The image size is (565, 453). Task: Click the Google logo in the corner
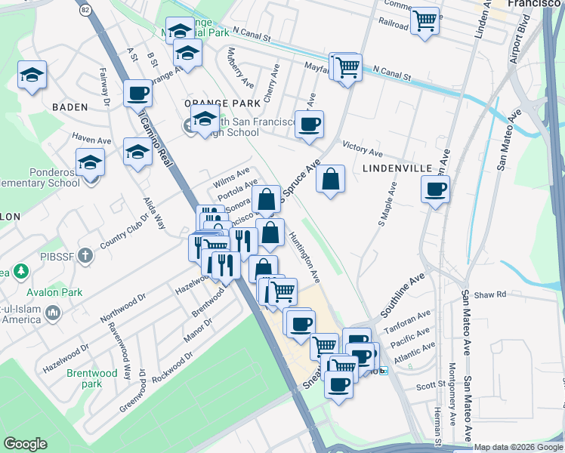(25, 444)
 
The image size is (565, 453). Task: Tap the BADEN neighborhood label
(70, 107)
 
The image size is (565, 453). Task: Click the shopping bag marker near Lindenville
(330, 180)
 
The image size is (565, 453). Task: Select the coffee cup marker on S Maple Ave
(434, 190)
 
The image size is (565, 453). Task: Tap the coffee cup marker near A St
(137, 94)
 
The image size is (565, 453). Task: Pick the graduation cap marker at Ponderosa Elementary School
(89, 161)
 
